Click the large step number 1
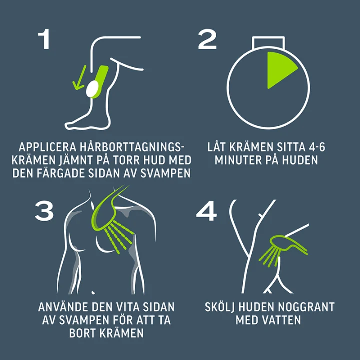[45, 39]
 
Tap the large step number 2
[207, 39]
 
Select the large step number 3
[44, 211]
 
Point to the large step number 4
[206, 211]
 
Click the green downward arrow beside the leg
[79, 77]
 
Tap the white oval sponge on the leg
[92, 89]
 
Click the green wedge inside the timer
[280, 69]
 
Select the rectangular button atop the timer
[268, 42]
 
